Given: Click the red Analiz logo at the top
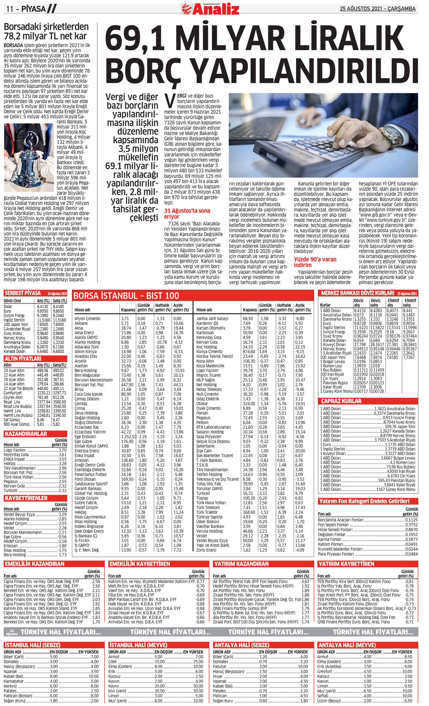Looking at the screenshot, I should [210, 9].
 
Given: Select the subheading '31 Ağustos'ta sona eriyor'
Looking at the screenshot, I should [187, 213].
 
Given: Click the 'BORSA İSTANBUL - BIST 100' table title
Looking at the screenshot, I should [126, 295].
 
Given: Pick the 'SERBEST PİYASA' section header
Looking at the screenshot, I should [23, 293].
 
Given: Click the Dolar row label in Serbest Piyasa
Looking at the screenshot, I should [8, 306].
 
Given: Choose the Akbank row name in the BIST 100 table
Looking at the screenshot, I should [81, 323].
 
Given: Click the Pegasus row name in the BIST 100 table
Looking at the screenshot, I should [203, 417].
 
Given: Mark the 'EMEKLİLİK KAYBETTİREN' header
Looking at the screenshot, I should [140, 564].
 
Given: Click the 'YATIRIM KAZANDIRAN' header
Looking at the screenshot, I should [241, 564].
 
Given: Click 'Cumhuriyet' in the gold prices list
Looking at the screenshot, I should [13, 393].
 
